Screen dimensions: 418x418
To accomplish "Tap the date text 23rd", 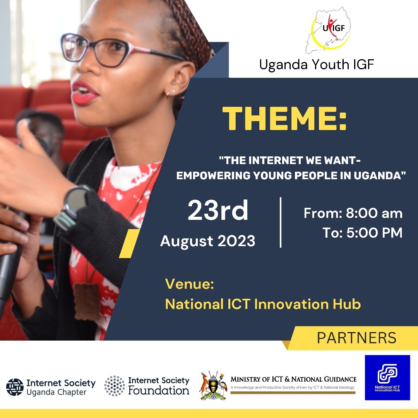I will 218,211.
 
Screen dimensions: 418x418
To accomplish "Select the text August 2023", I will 208,241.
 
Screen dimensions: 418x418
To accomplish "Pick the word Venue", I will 190,284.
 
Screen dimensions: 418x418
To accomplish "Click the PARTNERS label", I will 356,337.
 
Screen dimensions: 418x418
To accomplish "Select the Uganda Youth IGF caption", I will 317,65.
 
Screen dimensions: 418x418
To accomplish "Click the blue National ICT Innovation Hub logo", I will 387,377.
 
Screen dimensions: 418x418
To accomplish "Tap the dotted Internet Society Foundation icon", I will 114,385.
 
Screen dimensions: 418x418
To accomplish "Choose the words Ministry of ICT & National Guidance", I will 293,379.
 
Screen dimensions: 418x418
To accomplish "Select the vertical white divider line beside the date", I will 281,222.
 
